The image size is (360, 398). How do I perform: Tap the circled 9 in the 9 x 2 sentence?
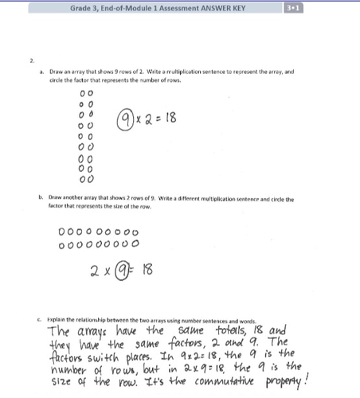(126, 120)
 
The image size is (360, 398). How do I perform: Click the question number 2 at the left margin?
(32, 60)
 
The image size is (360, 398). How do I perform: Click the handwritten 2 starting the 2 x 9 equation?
(94, 270)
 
